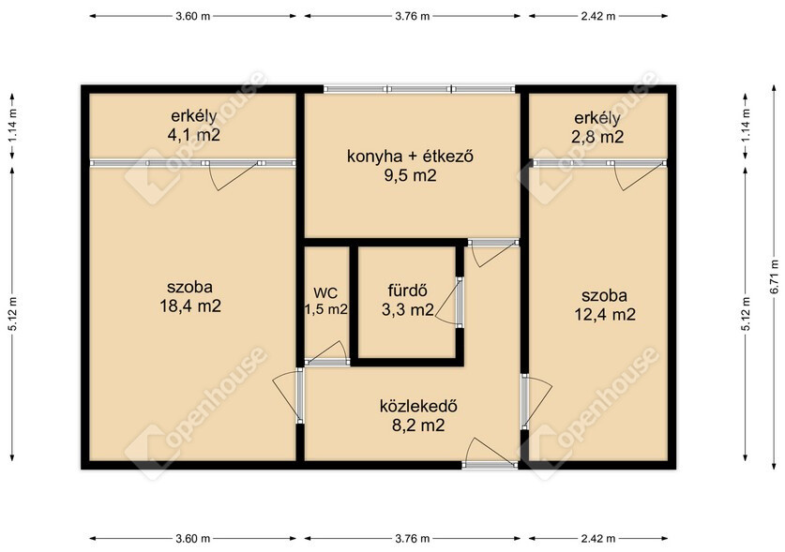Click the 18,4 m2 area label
190,306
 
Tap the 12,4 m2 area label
605,315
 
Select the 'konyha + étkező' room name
411,157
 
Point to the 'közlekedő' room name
418,406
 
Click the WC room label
326,292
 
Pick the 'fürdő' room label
408,291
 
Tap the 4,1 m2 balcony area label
194,135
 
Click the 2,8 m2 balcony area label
597,137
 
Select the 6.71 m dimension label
775,276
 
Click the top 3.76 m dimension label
412,16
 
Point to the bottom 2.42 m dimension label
597,539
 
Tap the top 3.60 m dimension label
193,16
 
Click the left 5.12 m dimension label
13,314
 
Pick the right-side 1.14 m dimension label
746,125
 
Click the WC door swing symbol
326,352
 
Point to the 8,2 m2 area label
418,425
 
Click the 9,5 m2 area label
411,175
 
